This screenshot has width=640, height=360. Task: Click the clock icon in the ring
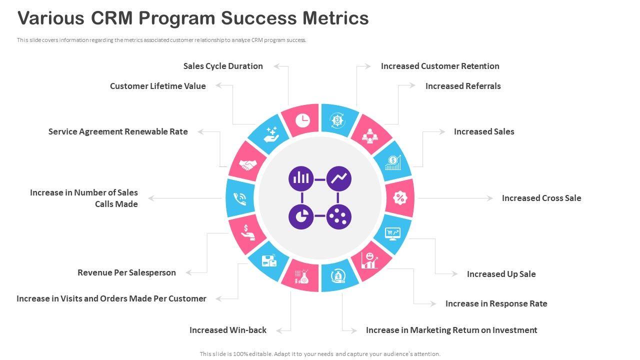pyautogui.click(x=302, y=120)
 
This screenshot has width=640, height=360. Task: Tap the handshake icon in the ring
pyautogui.click(x=247, y=164)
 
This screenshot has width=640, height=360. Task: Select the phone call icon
pyautogui.click(x=240, y=198)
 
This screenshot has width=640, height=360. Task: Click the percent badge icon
pyautogui.click(x=399, y=198)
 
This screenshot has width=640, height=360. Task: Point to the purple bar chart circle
pyautogui.click(x=301, y=178)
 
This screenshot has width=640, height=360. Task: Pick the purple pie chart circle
pyautogui.click(x=301, y=217)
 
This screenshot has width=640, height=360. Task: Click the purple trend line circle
pyautogui.click(x=339, y=178)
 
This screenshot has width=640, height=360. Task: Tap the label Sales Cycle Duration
pyautogui.click(x=223, y=66)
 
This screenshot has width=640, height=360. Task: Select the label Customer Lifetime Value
pyautogui.click(x=158, y=86)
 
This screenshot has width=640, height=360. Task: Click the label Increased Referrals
pyautogui.click(x=463, y=86)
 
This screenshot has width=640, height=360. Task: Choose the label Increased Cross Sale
pyautogui.click(x=541, y=198)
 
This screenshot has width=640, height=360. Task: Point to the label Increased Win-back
pyautogui.click(x=228, y=330)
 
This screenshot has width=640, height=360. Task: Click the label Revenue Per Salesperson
pyautogui.click(x=126, y=272)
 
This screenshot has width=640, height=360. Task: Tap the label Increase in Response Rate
pyautogui.click(x=496, y=303)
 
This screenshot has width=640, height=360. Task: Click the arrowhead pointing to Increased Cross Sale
pyautogui.click(x=490, y=198)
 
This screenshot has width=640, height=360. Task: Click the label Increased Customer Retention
pyautogui.click(x=440, y=66)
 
